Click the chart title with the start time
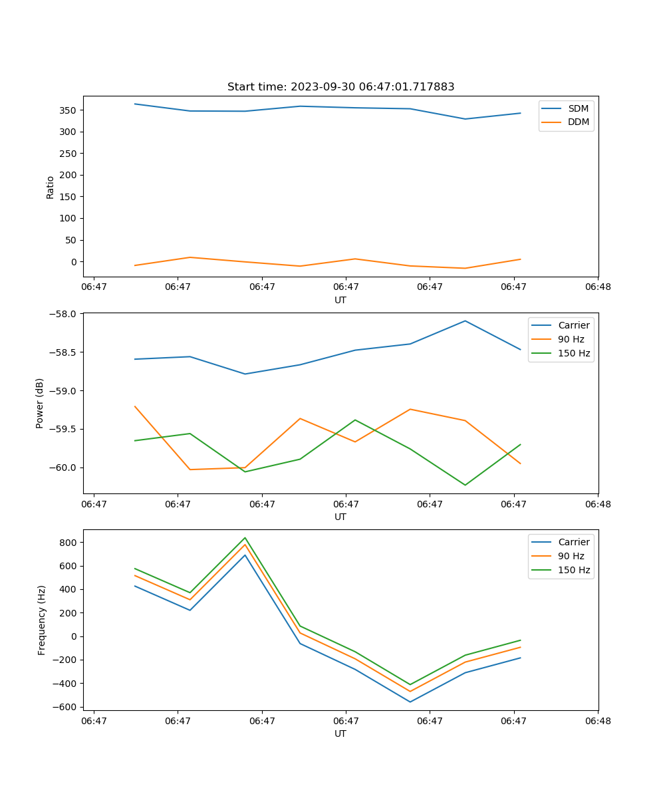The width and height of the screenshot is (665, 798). point(340,87)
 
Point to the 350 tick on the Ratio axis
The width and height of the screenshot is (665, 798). point(69,110)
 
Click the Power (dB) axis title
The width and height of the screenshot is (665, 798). point(41,403)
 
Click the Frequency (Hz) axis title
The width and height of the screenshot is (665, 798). point(42,620)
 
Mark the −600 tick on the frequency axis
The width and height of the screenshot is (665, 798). point(66,707)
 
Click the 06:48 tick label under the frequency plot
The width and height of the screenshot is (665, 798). point(597,720)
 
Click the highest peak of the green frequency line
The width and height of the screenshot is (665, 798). point(245,538)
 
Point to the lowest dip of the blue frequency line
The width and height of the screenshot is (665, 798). point(410,702)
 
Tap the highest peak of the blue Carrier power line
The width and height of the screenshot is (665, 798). point(465,321)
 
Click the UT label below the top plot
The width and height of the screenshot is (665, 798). point(340,300)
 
